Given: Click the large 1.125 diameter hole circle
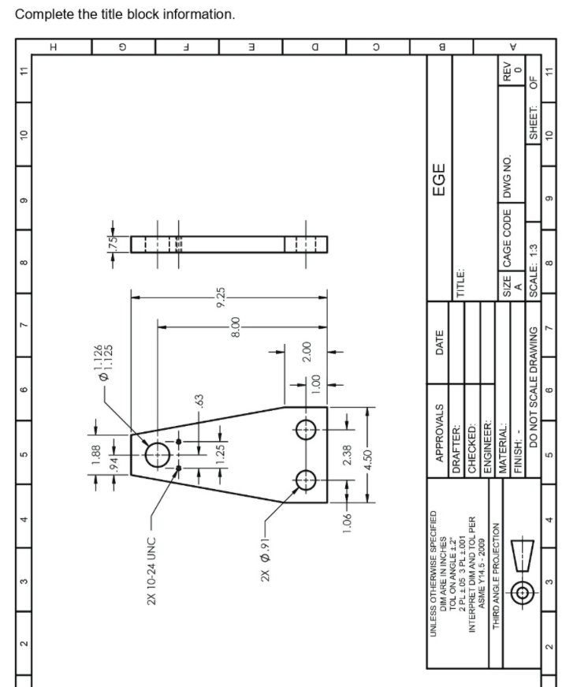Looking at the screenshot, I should [x=158, y=454].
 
